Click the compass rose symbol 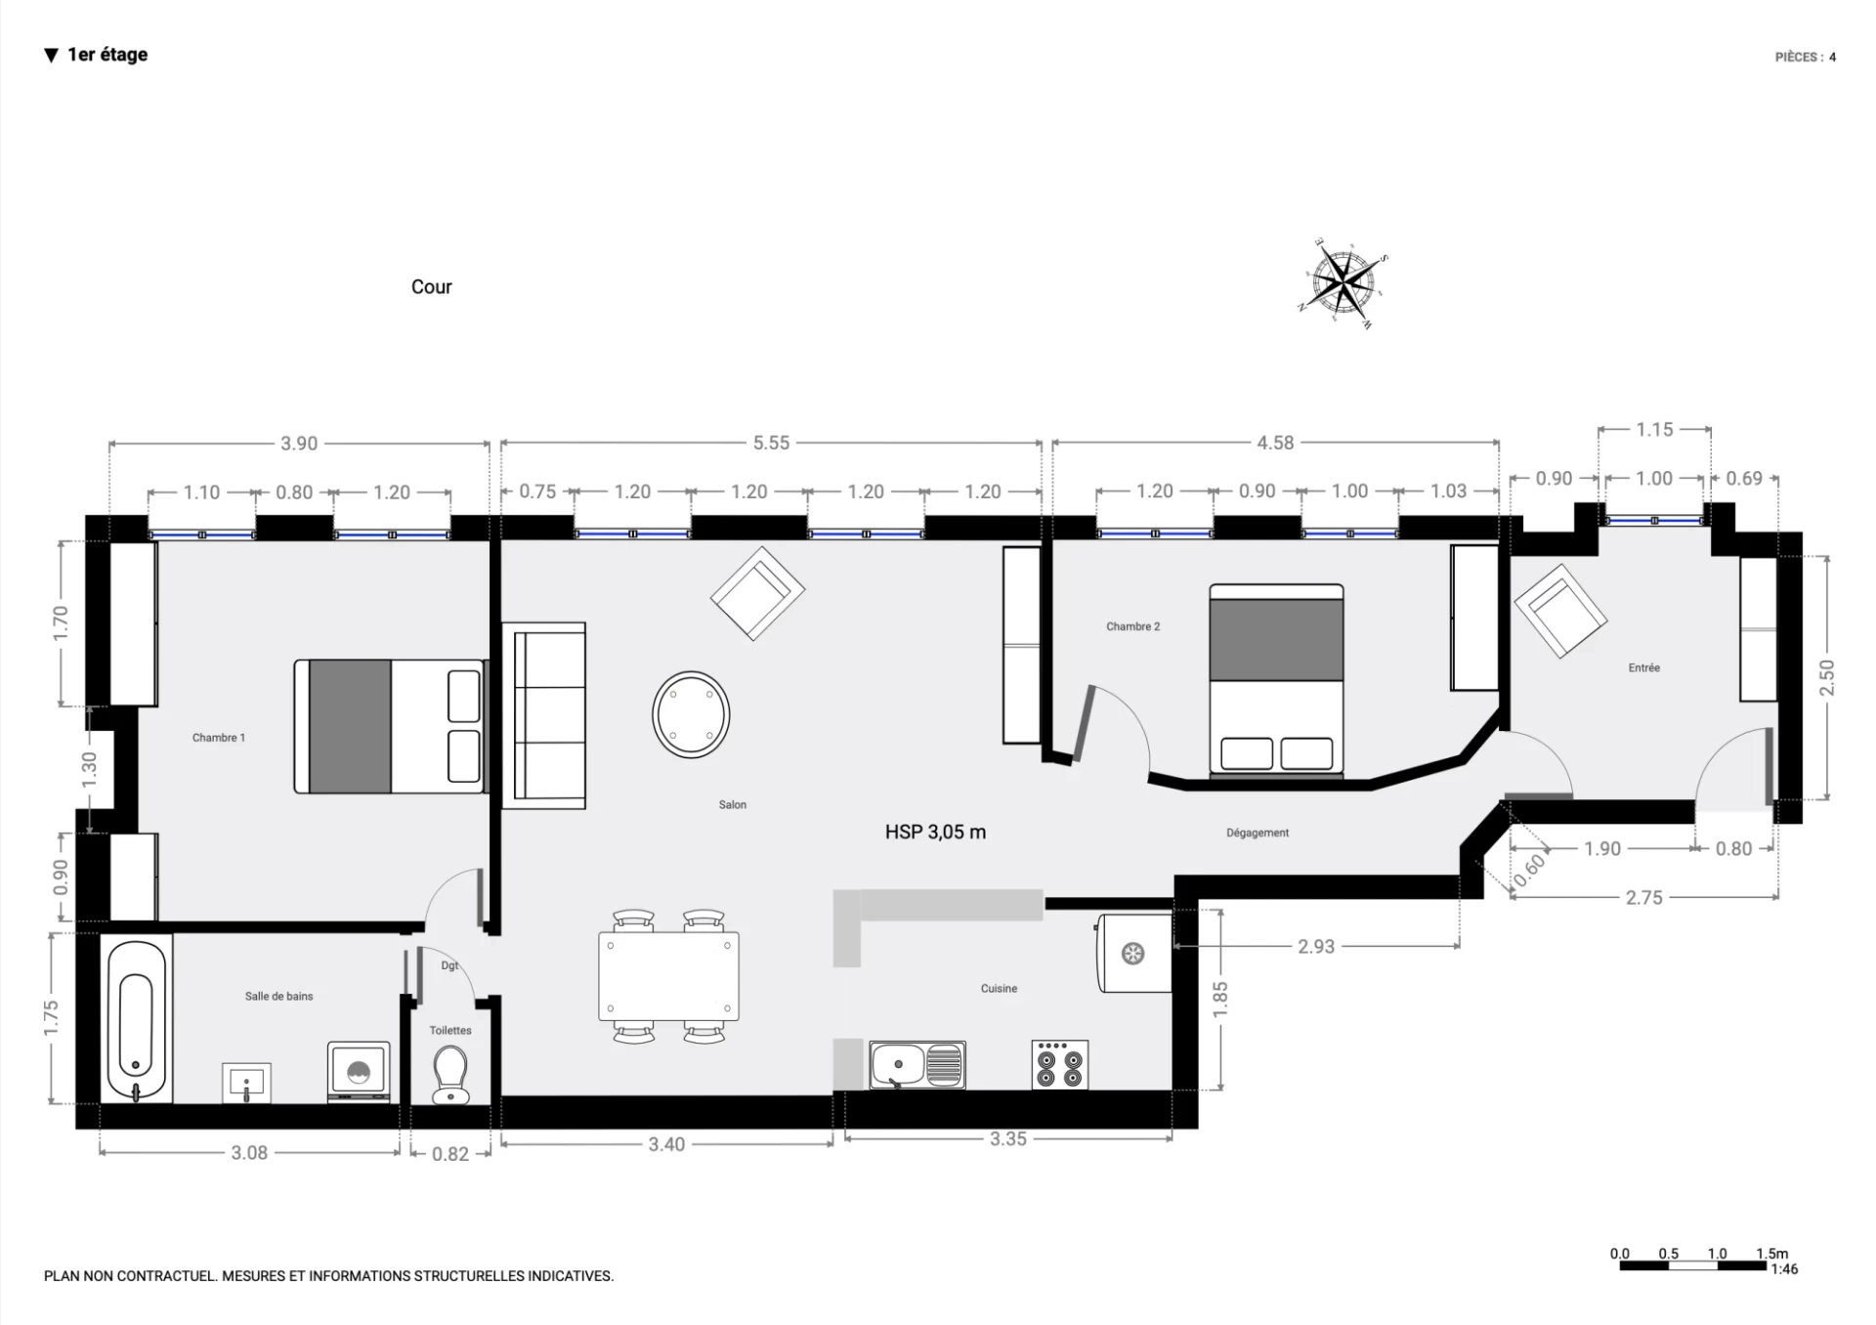[x=1344, y=282]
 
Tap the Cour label [x=431, y=286]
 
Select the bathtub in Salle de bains [x=136, y=1018]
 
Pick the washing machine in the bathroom [x=359, y=1072]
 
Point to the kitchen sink [x=917, y=1065]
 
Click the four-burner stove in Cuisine [x=1060, y=1065]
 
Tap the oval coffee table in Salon [x=691, y=714]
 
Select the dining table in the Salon [x=669, y=976]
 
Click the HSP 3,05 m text [x=935, y=832]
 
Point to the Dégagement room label [x=1258, y=833]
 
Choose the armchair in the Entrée [x=1560, y=611]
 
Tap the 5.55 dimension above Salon [x=771, y=443]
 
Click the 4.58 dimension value [x=1275, y=443]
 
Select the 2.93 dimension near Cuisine [x=1316, y=946]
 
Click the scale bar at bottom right [x=1692, y=1265]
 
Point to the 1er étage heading [x=107, y=55]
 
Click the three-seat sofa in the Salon [x=544, y=715]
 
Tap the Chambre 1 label [x=219, y=738]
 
